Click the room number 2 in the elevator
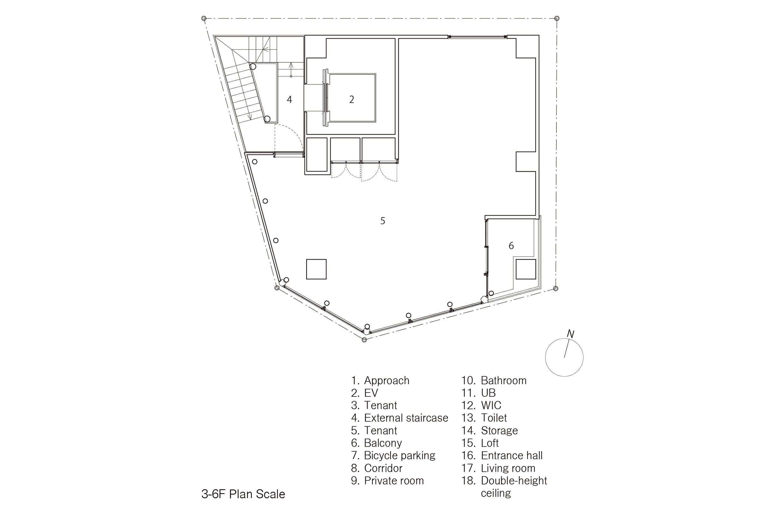[x=351, y=100]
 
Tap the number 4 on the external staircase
[x=289, y=99]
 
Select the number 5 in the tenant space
[x=383, y=221]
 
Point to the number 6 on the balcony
[x=511, y=246]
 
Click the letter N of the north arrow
[x=570, y=334]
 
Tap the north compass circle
[x=545, y=357]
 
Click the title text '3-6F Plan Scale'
[x=243, y=494]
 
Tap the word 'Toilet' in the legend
[x=494, y=418]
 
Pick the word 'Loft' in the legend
[x=490, y=443]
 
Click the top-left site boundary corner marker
[x=204, y=18]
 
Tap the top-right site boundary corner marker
[x=556, y=18]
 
